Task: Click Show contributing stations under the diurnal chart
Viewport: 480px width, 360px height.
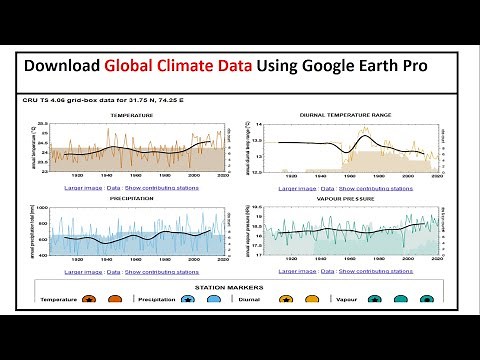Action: (366, 187)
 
